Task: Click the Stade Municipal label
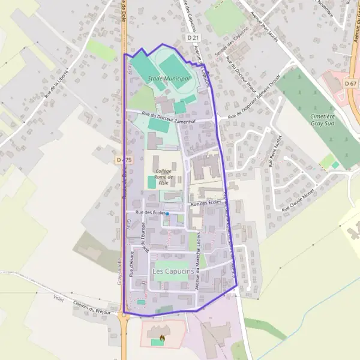tap(169, 79)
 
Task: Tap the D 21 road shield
tap(193, 38)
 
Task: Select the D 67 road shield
tap(351, 83)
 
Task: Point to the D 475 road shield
tap(124, 160)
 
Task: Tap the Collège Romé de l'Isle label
tap(163, 177)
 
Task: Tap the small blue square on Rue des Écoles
tap(167, 214)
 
